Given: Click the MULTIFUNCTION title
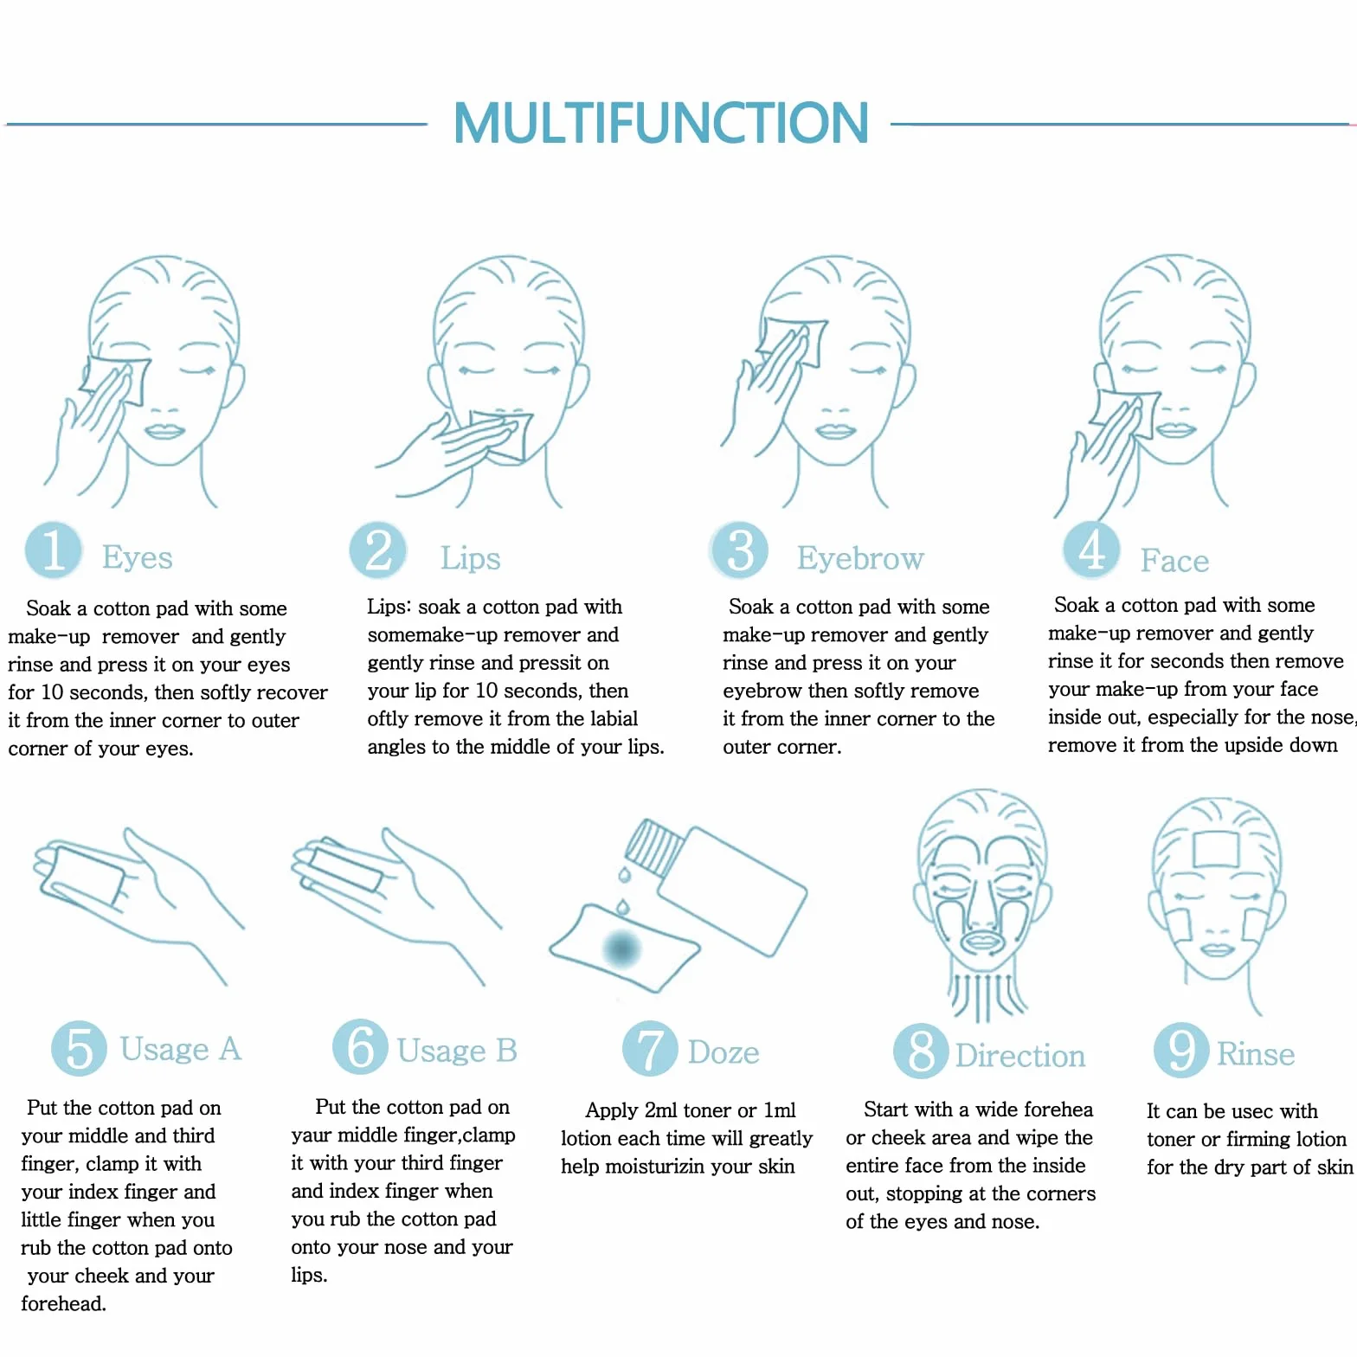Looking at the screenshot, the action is pyautogui.click(x=660, y=123).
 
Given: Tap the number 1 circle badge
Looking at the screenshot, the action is pyautogui.click(x=54, y=550).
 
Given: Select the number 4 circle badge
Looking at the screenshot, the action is pyautogui.click(x=1091, y=550).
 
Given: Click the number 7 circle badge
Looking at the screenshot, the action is pyautogui.click(x=650, y=1048).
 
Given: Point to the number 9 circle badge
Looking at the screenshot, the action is pyautogui.click(x=1181, y=1049).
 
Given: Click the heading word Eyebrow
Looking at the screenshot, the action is pyautogui.click(x=860, y=559).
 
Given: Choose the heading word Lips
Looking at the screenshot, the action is pyautogui.click(x=470, y=559).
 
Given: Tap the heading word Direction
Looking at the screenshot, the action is pyautogui.click(x=1020, y=1056).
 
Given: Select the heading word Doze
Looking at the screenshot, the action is pyautogui.click(x=724, y=1052).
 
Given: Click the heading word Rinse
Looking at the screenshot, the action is pyautogui.click(x=1256, y=1054).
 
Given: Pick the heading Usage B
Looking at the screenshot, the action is pyautogui.click(x=457, y=1051).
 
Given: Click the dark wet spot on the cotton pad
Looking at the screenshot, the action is pyautogui.click(x=621, y=948).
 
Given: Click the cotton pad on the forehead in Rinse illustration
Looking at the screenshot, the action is pyautogui.click(x=1216, y=849).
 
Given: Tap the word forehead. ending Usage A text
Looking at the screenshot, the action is pyautogui.click(x=63, y=1303).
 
